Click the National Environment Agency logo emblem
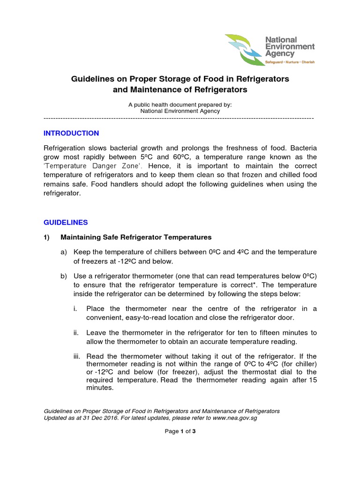coord(244,50)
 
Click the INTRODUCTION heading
coord(71,133)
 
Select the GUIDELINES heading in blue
coord(66,222)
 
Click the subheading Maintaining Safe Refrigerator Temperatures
coord(136,237)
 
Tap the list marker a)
coord(64,252)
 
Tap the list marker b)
coord(64,276)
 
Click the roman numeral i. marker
coord(75,308)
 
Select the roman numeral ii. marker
coord(75,332)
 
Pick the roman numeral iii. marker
coord(76,356)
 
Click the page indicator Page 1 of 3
coord(180,432)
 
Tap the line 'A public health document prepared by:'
coord(180,105)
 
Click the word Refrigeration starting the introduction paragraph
coord(66,148)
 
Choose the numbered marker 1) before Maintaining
coord(47,237)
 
